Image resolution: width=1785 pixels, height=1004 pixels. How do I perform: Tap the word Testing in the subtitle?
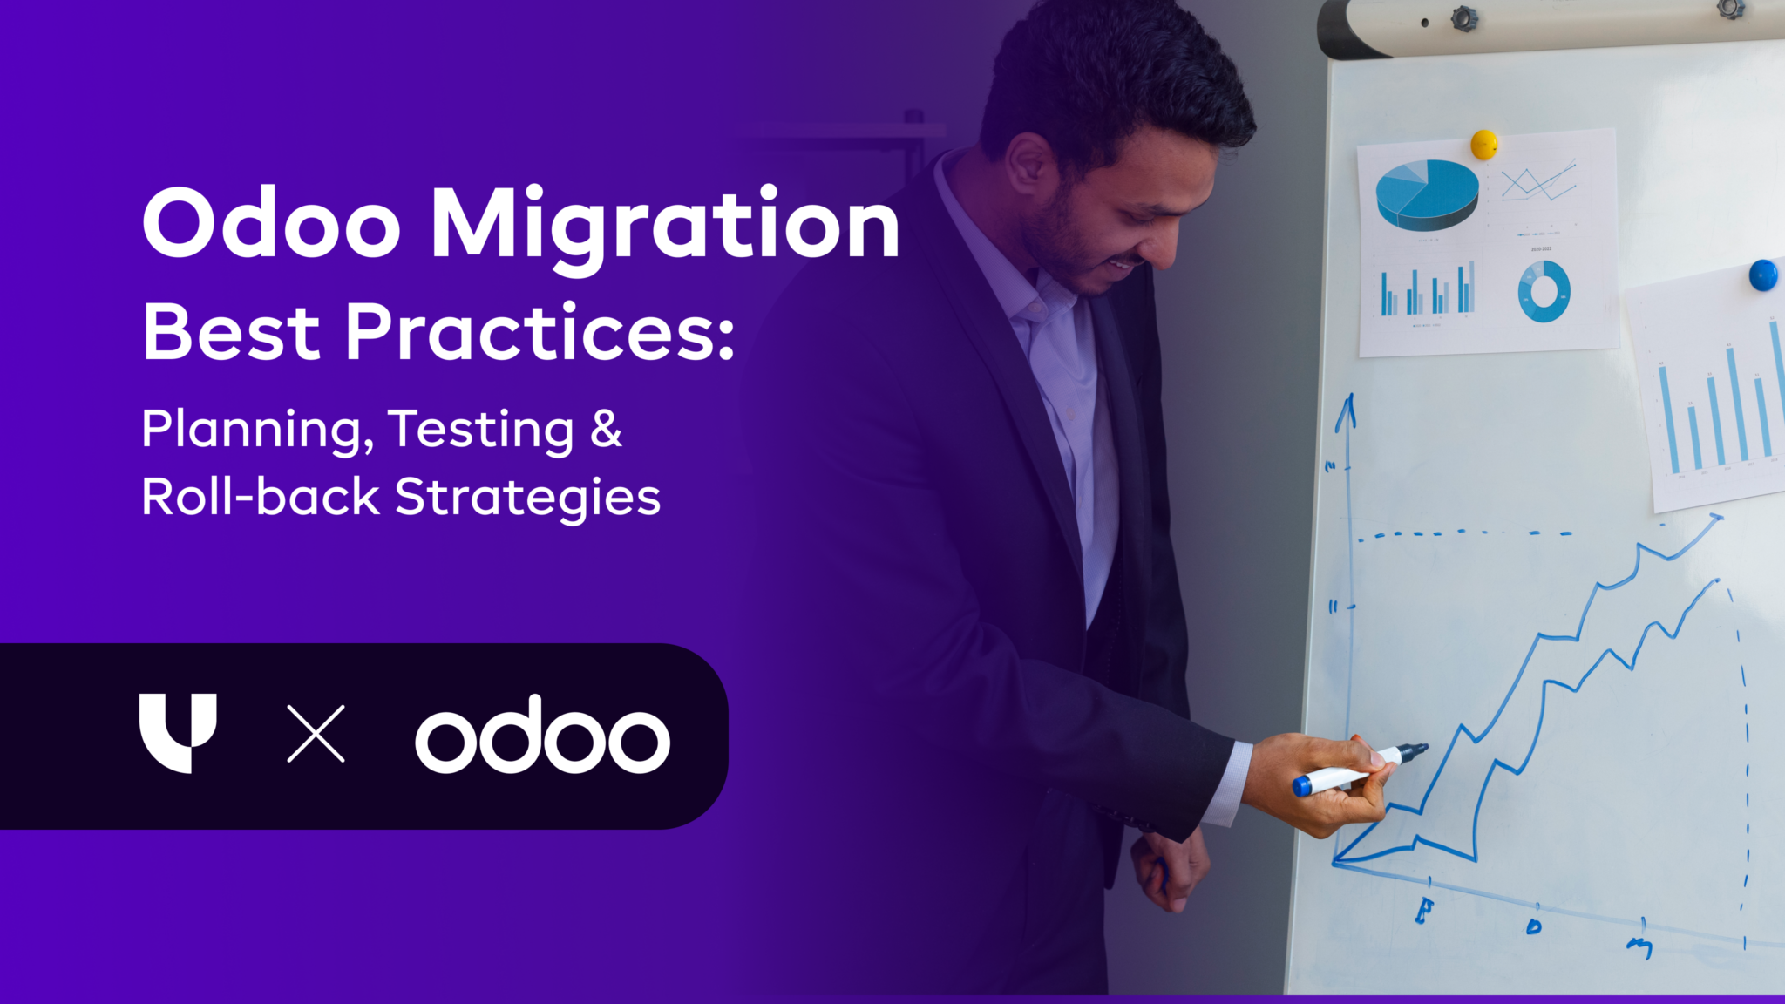tap(480, 430)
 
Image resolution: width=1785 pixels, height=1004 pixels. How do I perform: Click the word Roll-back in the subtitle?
tap(260, 497)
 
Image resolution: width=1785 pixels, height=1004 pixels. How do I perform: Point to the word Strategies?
tap(527, 499)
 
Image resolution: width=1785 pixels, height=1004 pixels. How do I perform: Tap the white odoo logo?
tap(542, 736)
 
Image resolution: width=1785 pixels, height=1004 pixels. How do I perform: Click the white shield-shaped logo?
tap(177, 730)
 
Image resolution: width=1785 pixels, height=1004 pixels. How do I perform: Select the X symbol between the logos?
tap(316, 734)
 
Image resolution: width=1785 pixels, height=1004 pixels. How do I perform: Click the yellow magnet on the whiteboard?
tap(1483, 144)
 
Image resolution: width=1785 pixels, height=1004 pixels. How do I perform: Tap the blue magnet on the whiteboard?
tap(1762, 275)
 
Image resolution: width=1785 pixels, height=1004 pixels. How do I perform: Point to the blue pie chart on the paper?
tap(1427, 193)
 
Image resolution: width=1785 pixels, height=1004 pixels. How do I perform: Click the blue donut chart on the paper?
tap(1544, 291)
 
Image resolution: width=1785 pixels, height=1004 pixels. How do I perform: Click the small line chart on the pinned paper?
tap(1538, 181)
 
